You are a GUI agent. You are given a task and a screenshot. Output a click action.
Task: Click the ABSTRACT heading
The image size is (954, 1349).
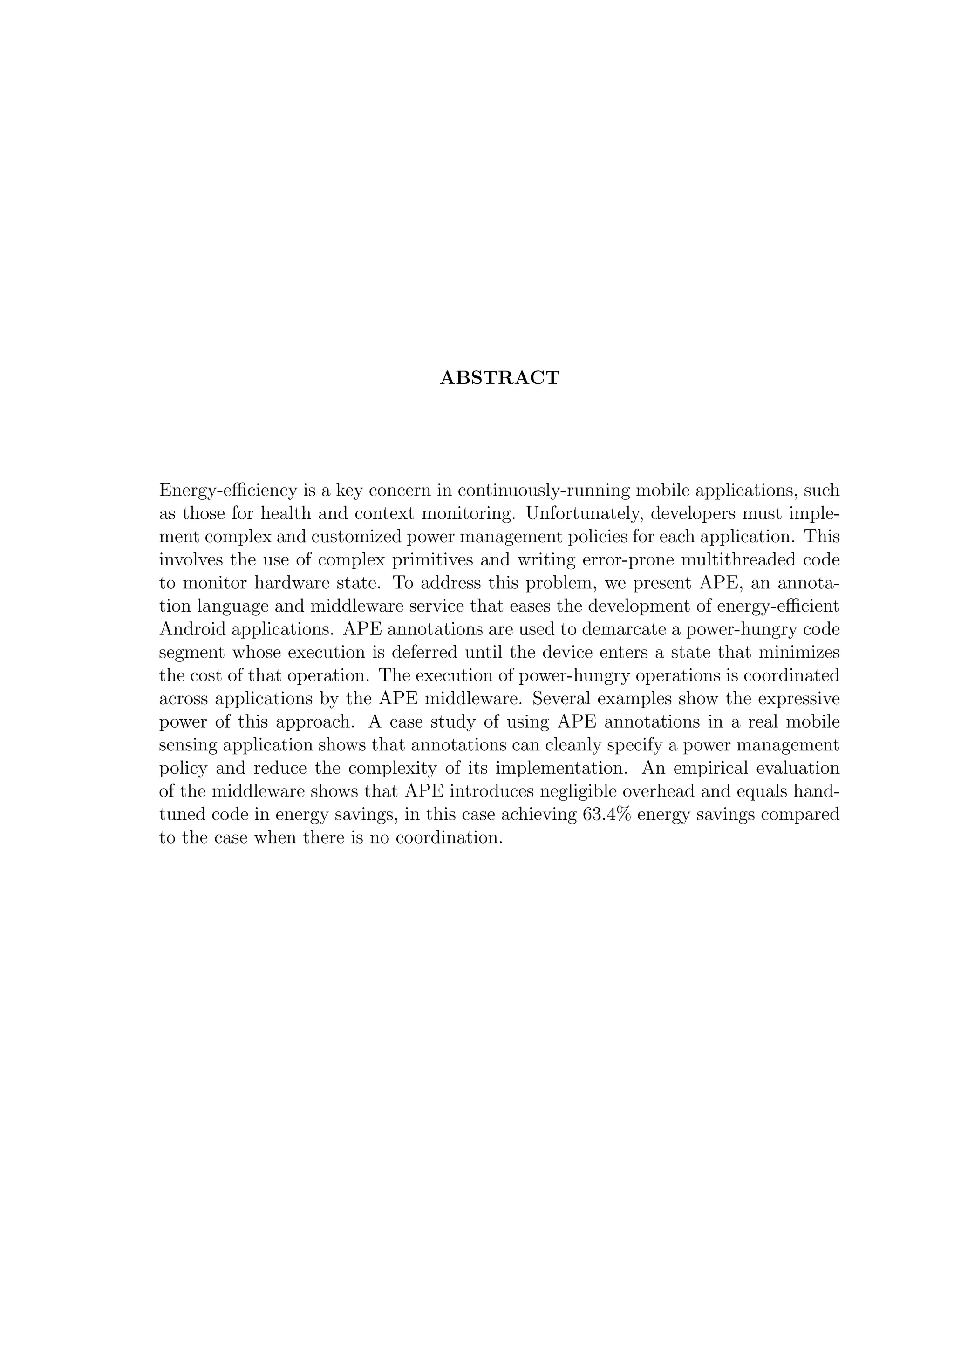pos(499,378)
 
